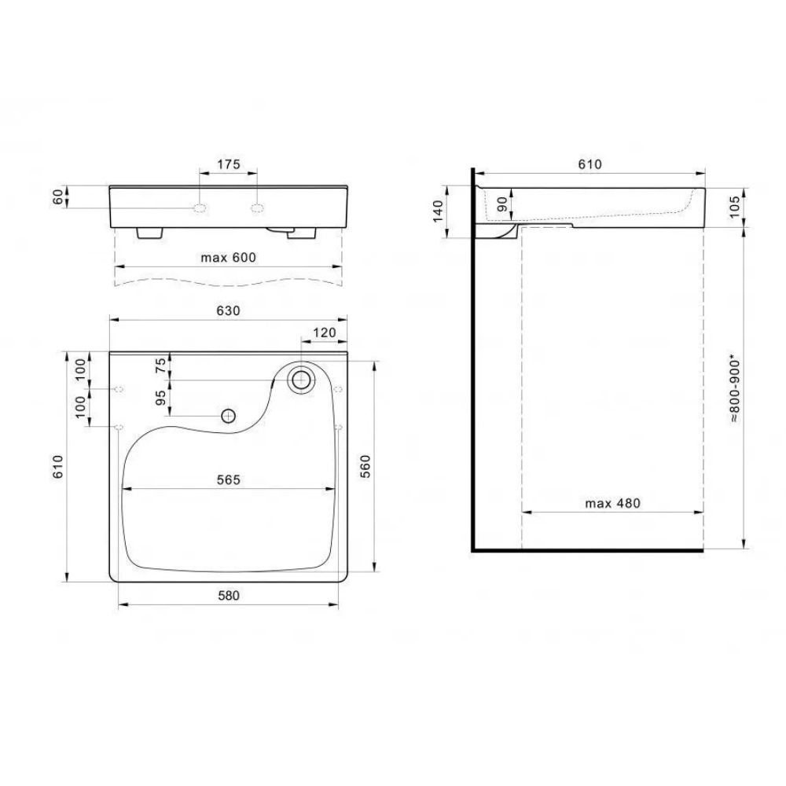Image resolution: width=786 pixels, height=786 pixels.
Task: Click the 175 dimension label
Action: tap(229, 164)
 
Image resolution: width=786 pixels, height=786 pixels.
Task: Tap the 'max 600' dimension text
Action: tap(229, 258)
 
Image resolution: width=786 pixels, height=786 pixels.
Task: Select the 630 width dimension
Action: tap(229, 310)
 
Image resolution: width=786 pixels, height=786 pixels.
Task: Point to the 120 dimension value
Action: tap(325, 332)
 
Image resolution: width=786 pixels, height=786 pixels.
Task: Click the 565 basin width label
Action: tap(229, 479)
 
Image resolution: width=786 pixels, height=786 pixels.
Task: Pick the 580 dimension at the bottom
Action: tap(229, 596)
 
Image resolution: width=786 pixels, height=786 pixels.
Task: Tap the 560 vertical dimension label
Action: tap(365, 466)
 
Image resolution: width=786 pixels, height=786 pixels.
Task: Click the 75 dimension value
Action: tap(160, 365)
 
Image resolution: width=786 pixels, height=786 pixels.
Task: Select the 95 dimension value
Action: tap(160, 398)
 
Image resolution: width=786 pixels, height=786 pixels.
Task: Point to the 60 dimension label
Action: tap(59, 197)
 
